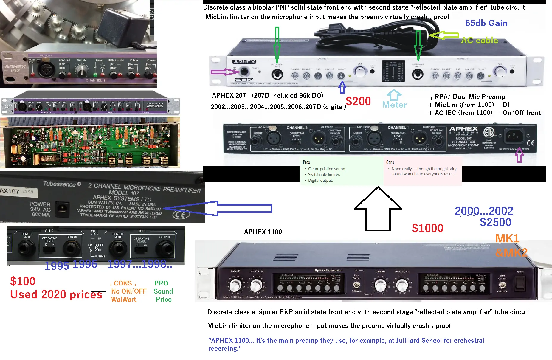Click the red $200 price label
(x=358, y=101)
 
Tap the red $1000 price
(x=427, y=228)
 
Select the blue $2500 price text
(x=495, y=222)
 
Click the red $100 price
(x=23, y=281)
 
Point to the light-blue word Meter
(x=394, y=105)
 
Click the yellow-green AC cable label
(x=480, y=41)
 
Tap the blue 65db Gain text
(x=486, y=23)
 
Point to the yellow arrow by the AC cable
(x=444, y=35)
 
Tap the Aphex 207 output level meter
(x=393, y=71)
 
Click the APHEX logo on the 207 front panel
(x=244, y=62)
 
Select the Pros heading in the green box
(x=306, y=162)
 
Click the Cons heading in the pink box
(x=390, y=162)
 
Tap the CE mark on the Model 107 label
(x=181, y=214)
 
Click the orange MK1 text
(x=507, y=238)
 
